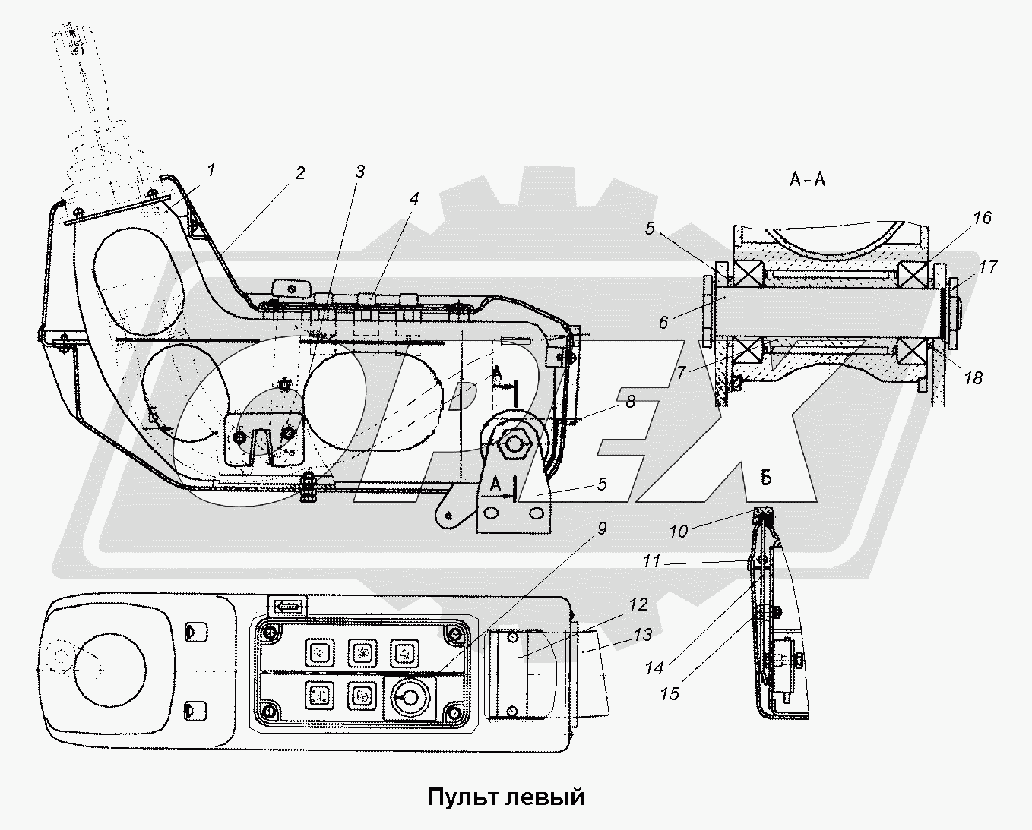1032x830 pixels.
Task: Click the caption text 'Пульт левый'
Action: pos(505,797)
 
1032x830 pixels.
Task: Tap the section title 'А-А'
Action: pos(808,179)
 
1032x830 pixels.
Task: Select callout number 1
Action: pos(211,170)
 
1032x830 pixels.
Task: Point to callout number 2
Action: pos(300,173)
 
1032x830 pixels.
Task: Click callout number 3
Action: pos(360,172)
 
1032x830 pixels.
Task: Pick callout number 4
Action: pos(413,200)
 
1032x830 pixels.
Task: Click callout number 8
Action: pos(630,402)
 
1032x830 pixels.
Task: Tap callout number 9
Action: pos(602,529)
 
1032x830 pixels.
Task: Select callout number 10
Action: pos(679,532)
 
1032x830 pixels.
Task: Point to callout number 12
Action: pos(638,604)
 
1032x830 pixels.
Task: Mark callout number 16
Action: pos(982,219)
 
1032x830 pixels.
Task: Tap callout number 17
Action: pos(988,267)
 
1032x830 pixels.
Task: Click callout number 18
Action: pos(973,377)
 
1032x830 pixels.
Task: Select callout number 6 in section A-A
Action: pos(663,323)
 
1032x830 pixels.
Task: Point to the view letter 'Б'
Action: pos(766,478)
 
